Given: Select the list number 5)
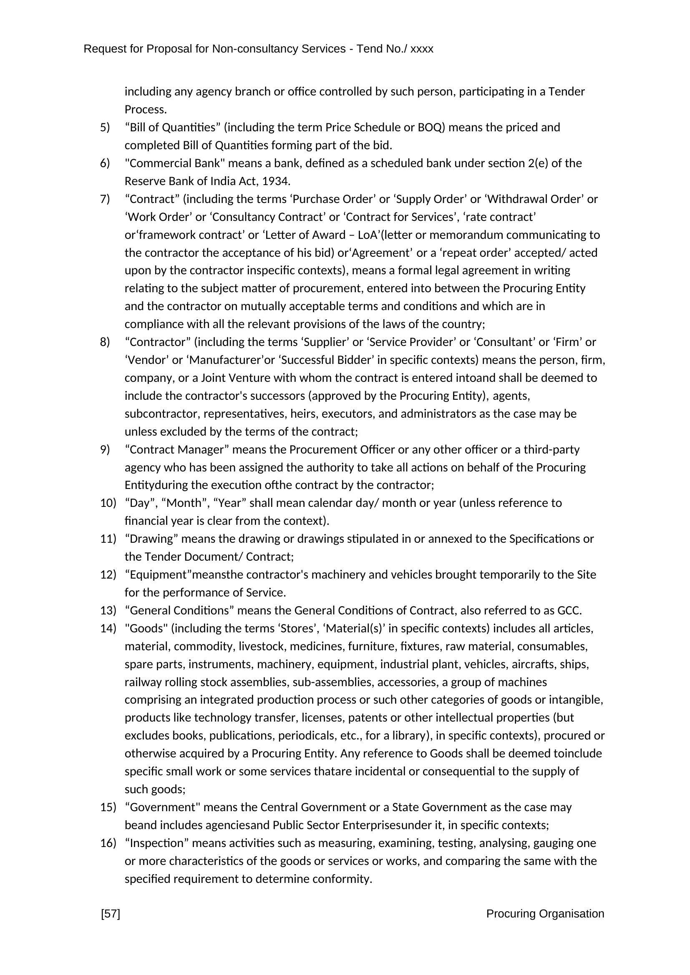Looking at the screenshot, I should [x=105, y=128].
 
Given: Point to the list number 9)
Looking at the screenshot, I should [x=105, y=449].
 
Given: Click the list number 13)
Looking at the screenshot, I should [x=108, y=610].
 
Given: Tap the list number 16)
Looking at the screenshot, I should [x=108, y=843].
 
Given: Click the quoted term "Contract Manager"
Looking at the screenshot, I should [x=177, y=449].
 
